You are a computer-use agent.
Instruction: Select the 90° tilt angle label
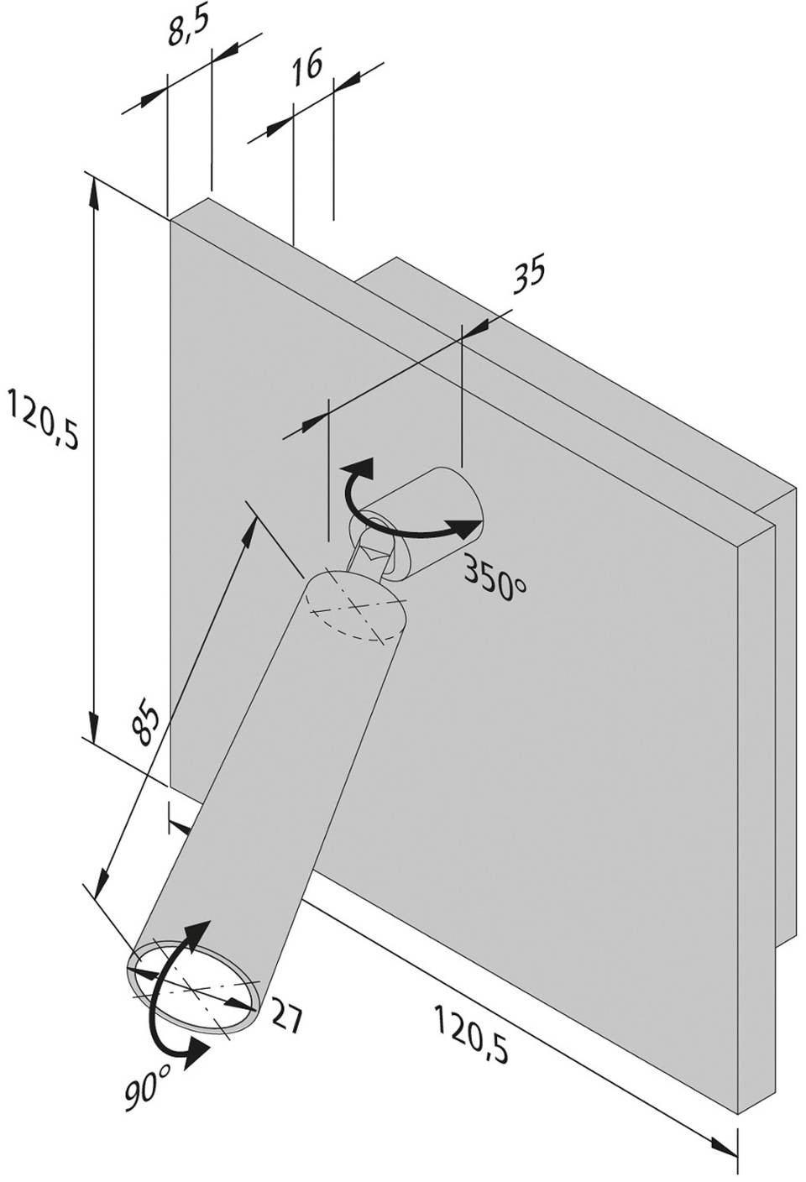149,1076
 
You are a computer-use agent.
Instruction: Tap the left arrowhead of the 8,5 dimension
153,99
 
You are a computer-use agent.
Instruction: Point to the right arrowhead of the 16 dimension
347,78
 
